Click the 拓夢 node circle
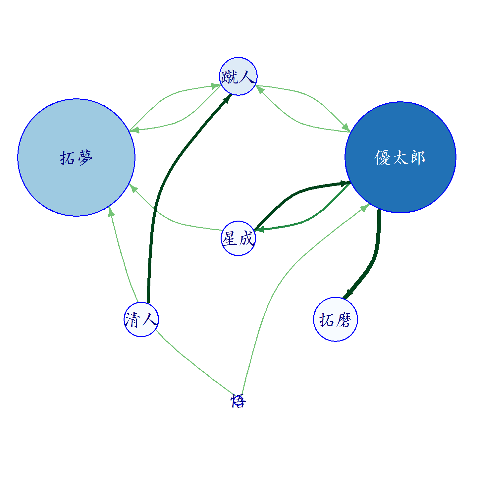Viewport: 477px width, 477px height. (x=76, y=157)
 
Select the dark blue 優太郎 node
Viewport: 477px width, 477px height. (x=400, y=157)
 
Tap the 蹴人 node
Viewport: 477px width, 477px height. (x=238, y=76)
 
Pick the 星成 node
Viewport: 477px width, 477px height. (x=238, y=238)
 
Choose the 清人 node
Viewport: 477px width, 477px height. (x=141, y=319)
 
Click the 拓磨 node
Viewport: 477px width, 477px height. (x=336, y=319)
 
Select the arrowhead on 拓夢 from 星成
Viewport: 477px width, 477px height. (x=133, y=188)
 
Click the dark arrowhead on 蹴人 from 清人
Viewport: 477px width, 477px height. (x=228, y=98)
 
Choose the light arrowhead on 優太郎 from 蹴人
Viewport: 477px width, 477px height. (x=346, y=128)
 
